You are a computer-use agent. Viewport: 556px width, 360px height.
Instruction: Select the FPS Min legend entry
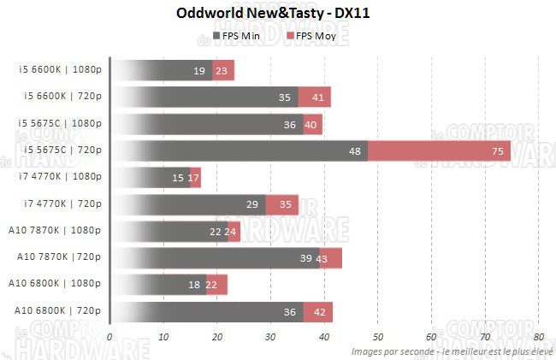(238, 37)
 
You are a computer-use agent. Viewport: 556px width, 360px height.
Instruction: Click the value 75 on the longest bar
(497, 151)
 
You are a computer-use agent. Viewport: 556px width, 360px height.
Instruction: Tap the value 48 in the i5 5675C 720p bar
(355, 151)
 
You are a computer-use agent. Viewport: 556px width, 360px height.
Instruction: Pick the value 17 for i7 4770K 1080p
(194, 178)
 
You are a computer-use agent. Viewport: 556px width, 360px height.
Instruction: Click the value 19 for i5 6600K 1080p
(199, 71)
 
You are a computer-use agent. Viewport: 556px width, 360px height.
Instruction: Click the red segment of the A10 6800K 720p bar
(318, 311)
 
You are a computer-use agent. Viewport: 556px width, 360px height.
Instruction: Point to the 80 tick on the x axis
(538, 337)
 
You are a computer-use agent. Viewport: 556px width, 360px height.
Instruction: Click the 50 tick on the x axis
(377, 337)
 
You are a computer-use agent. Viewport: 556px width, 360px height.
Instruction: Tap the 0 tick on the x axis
(109, 337)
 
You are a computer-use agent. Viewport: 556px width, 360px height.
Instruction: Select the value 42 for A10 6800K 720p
(320, 312)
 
